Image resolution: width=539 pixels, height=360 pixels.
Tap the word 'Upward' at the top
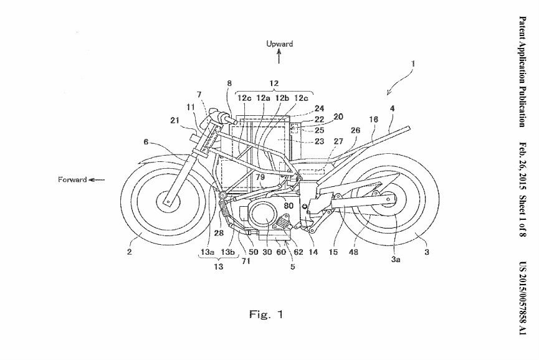point(279,44)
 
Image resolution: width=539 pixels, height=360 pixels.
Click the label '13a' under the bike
point(207,252)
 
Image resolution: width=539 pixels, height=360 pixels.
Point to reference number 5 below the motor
point(292,266)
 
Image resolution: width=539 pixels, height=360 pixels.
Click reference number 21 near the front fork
point(175,120)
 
